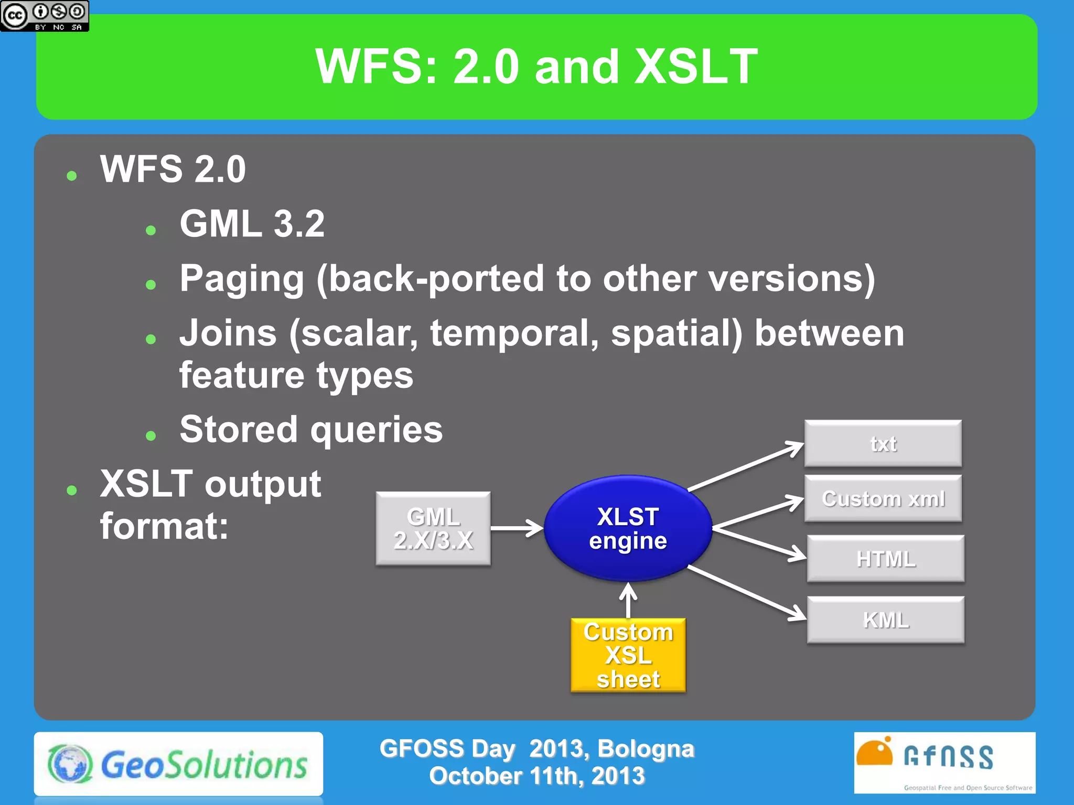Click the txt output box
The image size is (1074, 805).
pyautogui.click(x=883, y=443)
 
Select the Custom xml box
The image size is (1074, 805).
pyautogui.click(x=883, y=498)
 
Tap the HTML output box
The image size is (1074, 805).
pyautogui.click(x=885, y=559)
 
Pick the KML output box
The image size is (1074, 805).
pyautogui.click(x=885, y=619)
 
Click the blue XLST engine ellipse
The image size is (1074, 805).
pyautogui.click(x=628, y=528)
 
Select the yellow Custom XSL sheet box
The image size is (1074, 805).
pyautogui.click(x=628, y=655)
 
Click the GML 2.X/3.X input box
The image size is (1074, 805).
pyautogui.click(x=433, y=528)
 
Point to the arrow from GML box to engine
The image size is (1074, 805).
pyautogui.click(x=517, y=528)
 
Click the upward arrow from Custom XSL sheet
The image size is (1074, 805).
pyautogui.click(x=628, y=601)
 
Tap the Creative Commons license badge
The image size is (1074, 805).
pyautogui.click(x=45, y=16)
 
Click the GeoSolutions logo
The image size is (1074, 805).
pyautogui.click(x=178, y=764)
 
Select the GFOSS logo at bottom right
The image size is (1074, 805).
pyautogui.click(x=944, y=763)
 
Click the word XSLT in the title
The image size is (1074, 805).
pyautogui.click(x=695, y=67)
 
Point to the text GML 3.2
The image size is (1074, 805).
pyautogui.click(x=252, y=224)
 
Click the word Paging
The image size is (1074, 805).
pyautogui.click(x=242, y=278)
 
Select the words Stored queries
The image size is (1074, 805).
pyautogui.click(x=311, y=429)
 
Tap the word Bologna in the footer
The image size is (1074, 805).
pyautogui.click(x=646, y=749)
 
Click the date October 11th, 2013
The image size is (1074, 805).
pyautogui.click(x=536, y=776)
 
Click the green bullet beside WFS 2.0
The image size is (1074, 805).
pyautogui.click(x=72, y=176)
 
